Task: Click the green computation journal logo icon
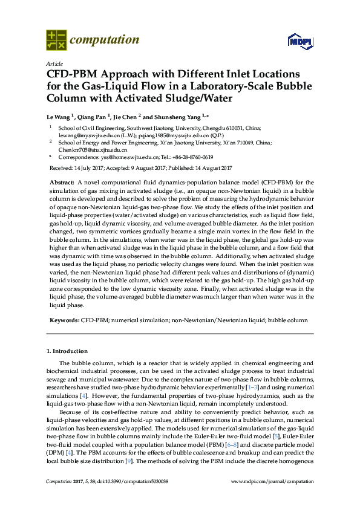56,40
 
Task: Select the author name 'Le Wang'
59,115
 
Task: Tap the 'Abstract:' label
62,182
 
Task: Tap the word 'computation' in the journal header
105,40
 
